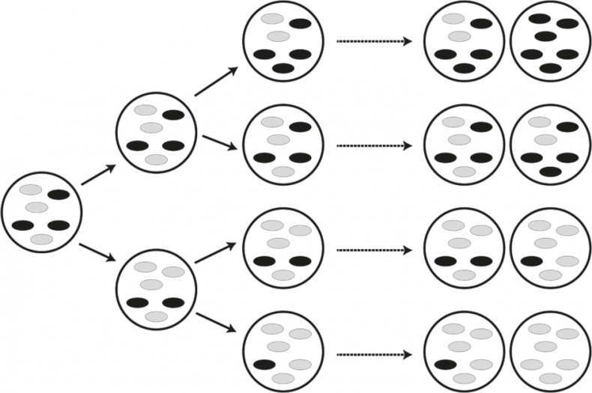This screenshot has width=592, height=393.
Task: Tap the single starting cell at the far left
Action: click(x=41, y=212)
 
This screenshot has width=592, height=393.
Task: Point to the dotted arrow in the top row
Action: click(x=373, y=42)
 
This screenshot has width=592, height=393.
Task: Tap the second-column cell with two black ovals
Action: click(x=156, y=290)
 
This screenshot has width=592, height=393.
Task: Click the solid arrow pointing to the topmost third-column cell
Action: click(x=216, y=81)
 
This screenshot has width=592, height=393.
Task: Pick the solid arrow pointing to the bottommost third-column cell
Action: click(x=216, y=326)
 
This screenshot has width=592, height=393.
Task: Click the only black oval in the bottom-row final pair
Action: click(x=445, y=365)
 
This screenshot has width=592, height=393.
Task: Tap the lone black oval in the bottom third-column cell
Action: click(x=264, y=365)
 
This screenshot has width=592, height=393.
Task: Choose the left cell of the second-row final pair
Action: click(x=464, y=147)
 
